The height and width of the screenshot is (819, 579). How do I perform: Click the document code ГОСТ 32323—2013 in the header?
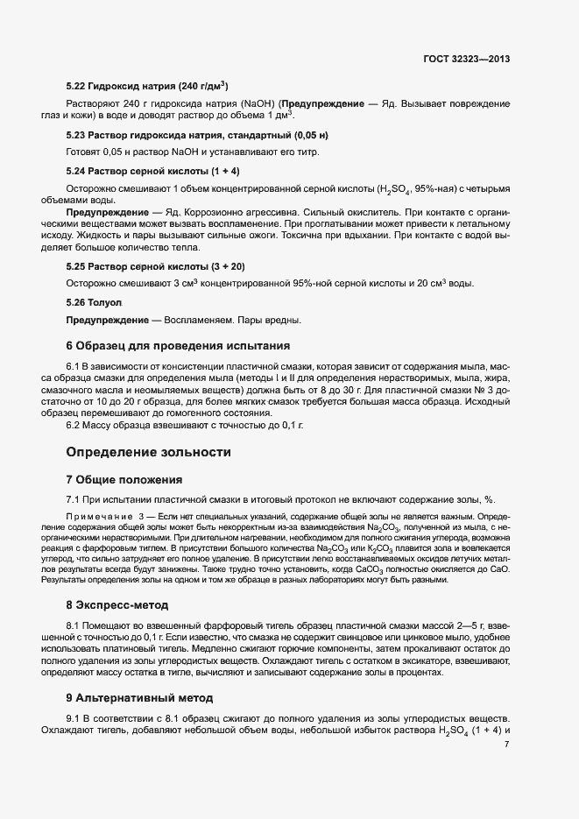tap(466, 60)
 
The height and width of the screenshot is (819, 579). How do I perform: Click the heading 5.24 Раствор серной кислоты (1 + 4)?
tap(152, 170)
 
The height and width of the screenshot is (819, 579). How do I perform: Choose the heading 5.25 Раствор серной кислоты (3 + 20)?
tap(155, 265)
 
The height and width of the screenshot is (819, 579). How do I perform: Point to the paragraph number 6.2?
tap(74, 425)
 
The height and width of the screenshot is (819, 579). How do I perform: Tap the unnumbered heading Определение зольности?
tap(149, 452)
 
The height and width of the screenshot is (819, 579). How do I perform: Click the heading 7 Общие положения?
tap(124, 480)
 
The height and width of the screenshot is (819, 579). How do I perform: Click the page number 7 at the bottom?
tap(506, 745)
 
